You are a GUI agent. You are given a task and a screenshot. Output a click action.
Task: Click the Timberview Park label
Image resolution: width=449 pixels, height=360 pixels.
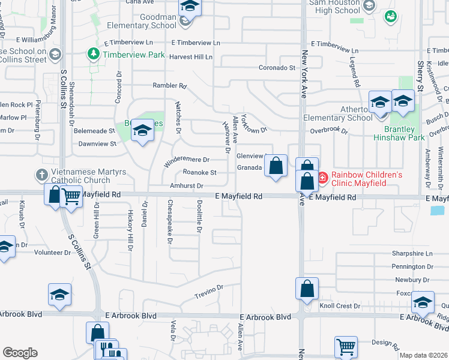point(133,55)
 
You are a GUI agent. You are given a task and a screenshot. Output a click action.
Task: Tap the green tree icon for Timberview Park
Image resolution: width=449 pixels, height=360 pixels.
point(94,55)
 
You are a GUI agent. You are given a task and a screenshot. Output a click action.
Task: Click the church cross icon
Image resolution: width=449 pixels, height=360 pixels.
point(41,175)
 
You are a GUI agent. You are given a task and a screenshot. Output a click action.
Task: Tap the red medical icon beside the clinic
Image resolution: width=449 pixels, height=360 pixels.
point(322,177)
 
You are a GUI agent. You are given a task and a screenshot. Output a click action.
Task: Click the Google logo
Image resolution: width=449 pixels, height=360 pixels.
point(20,353)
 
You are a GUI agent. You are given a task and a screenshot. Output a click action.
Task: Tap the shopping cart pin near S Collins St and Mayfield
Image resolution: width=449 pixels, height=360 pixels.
point(71,196)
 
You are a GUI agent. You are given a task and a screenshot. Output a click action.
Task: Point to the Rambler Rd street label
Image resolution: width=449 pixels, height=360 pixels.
point(170,86)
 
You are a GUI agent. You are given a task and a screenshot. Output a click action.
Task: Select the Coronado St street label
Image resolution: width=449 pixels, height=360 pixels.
point(277,68)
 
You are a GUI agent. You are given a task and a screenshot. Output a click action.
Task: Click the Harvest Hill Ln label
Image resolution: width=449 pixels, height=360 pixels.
point(191,57)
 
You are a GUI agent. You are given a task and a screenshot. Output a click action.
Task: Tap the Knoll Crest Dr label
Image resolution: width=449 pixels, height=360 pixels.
point(340,306)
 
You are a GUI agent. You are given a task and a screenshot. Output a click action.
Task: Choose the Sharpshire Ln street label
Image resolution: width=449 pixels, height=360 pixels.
point(412,253)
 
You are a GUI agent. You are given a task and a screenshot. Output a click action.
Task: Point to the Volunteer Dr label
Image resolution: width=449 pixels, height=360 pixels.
point(52,253)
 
